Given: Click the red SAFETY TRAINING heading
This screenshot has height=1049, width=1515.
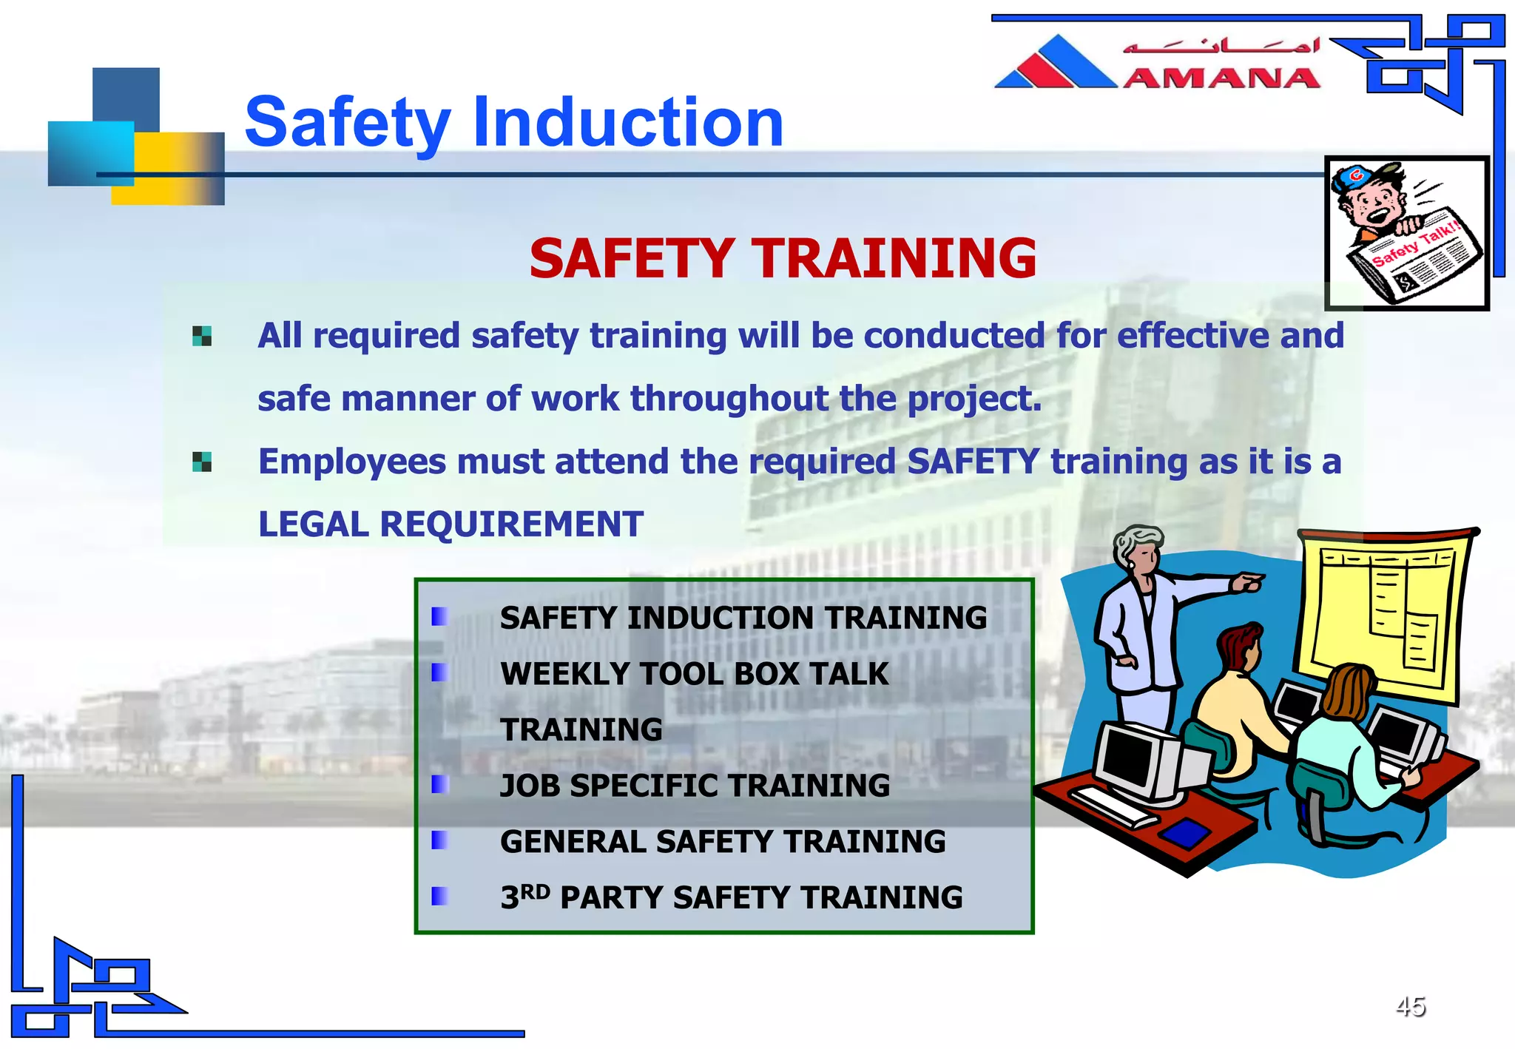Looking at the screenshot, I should click(783, 259).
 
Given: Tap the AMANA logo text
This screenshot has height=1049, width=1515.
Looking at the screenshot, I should click(1221, 78).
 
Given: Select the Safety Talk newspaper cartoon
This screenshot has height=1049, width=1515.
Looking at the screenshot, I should click(1406, 233).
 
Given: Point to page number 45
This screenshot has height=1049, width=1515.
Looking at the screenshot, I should click(1410, 1006).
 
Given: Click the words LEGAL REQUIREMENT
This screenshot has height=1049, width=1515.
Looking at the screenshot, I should click(451, 524).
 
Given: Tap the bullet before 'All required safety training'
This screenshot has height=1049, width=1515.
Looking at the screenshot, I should click(202, 337).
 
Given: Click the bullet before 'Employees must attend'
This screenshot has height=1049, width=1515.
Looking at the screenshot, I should click(202, 462).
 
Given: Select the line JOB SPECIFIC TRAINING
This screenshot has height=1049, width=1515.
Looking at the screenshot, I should click(695, 786).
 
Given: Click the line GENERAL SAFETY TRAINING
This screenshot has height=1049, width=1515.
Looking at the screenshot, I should click(723, 842).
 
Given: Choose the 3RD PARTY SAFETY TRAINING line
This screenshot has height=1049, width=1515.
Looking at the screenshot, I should click(731, 897).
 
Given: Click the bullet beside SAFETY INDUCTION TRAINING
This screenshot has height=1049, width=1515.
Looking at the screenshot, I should click(439, 616).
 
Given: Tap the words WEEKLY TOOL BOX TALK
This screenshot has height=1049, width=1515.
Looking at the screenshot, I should click(694, 674).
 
